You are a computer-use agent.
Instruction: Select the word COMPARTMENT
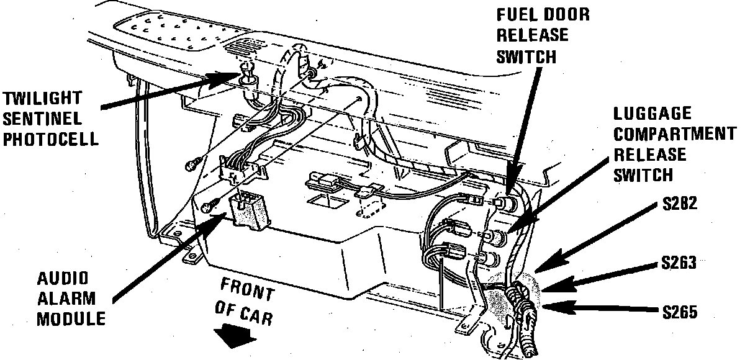670,133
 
